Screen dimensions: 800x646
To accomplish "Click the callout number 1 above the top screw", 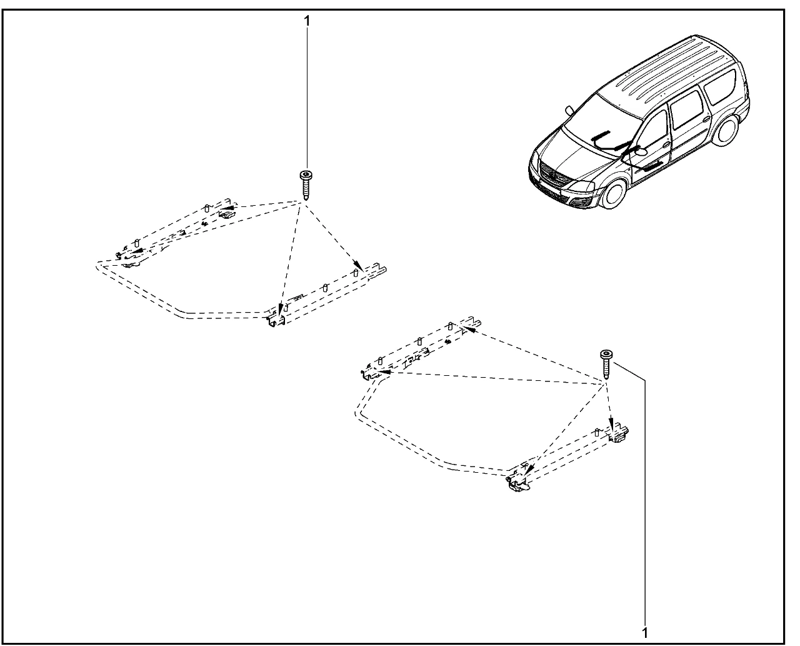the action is pos(307,21).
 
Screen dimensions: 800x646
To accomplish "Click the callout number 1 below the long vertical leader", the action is pos(645,633).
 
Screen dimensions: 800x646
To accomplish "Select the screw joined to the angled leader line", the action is pos(606,365).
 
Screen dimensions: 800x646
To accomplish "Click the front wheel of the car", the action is pos(612,193).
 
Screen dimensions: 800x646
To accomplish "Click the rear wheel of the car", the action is pos(726,129).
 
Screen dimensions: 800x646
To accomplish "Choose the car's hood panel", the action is pos(567,152).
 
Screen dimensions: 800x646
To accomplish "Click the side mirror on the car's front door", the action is pos(641,151).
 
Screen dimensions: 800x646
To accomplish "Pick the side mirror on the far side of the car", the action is pos(570,111).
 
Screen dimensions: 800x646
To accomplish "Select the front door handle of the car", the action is pos(666,145).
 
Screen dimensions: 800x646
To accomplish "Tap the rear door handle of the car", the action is pos(706,119).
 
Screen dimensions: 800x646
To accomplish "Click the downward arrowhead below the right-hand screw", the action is pos(611,426).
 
